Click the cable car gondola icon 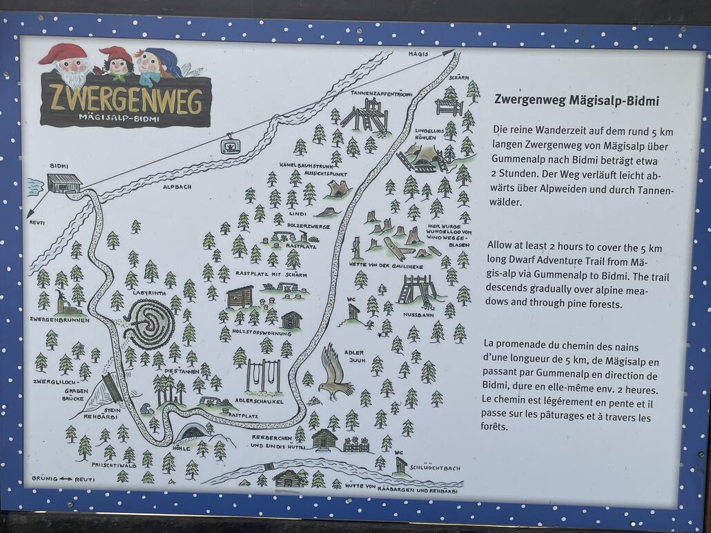(230, 145)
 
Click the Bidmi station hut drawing (64, 183)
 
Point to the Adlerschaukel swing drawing (263, 376)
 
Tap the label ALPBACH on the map (177, 187)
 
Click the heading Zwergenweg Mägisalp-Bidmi (576, 101)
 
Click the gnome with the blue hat (156, 64)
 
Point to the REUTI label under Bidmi (37, 223)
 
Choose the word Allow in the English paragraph (501, 246)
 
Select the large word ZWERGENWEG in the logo (126, 99)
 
